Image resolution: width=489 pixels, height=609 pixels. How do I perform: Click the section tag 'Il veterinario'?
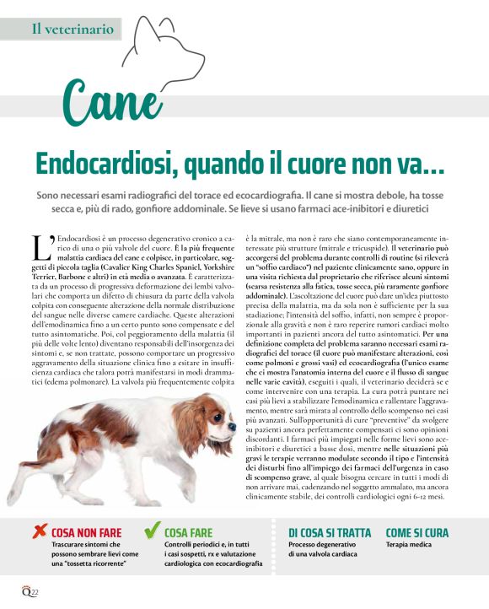[x=73, y=29]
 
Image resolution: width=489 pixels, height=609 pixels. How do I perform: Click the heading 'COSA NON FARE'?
[x=86, y=533]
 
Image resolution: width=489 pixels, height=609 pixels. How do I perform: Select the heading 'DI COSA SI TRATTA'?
[x=329, y=533]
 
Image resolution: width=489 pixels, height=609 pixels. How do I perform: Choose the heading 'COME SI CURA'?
[x=416, y=533]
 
